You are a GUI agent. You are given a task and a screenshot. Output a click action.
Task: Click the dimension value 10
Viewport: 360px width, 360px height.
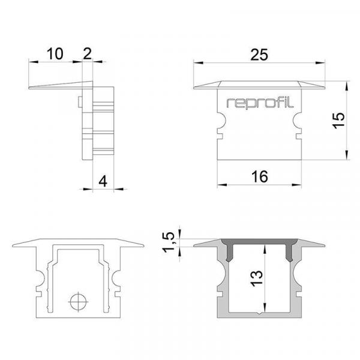point(55,54)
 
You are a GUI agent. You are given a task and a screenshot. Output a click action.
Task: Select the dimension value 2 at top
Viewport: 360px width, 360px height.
point(88,54)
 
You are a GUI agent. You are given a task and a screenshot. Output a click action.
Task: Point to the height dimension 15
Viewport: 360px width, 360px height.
point(339,120)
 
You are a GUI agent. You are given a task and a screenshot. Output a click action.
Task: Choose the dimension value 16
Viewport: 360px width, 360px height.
point(259,176)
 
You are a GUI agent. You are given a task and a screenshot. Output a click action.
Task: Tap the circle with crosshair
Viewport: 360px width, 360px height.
point(77,302)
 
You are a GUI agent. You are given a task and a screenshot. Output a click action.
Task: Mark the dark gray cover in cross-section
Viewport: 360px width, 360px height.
point(259,242)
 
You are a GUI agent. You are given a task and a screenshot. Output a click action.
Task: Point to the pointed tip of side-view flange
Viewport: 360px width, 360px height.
point(30,89)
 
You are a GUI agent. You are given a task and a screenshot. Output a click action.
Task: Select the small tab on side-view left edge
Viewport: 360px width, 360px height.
point(80,103)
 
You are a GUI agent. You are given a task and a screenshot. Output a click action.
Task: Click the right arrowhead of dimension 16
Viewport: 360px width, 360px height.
point(298,184)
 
